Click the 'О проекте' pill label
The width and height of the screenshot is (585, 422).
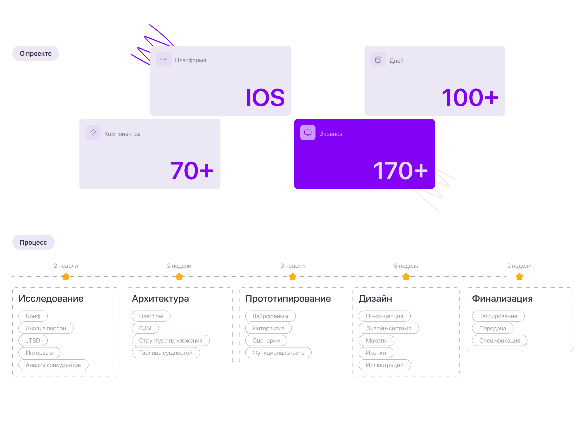(x=36, y=53)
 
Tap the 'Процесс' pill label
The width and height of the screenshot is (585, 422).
(x=33, y=242)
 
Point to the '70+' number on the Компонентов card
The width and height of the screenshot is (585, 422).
(x=192, y=171)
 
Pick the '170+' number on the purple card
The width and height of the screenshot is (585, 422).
(x=400, y=171)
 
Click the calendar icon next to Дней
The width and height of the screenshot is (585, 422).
(x=378, y=60)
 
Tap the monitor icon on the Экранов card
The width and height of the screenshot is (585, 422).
(x=308, y=133)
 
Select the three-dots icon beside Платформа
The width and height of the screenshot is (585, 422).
(x=164, y=60)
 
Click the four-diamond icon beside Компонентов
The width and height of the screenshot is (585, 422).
(x=93, y=133)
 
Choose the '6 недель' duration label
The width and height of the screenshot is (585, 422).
(x=406, y=266)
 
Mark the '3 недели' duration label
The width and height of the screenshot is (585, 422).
(x=292, y=266)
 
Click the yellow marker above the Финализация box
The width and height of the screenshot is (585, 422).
(x=519, y=277)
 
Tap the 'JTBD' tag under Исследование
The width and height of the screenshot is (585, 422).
(x=33, y=340)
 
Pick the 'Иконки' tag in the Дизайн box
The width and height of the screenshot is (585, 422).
(x=376, y=353)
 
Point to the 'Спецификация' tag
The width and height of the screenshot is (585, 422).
(x=500, y=340)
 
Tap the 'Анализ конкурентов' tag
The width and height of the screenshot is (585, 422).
(x=53, y=365)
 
